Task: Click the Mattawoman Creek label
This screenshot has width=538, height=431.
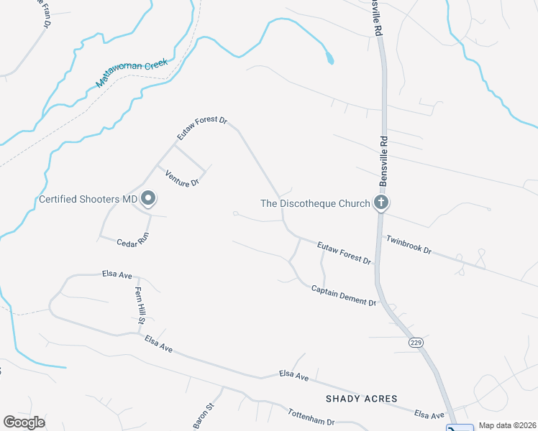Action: click(132, 74)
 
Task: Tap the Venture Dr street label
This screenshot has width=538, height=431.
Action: click(181, 179)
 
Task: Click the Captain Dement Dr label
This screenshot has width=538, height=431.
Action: click(344, 295)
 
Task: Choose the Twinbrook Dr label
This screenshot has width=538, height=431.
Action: click(408, 245)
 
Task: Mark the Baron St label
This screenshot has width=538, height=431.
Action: click(204, 416)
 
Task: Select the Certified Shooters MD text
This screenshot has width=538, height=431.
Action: click(88, 199)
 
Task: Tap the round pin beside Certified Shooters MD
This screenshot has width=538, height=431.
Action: click(149, 198)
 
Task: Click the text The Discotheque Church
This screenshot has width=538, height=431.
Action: click(315, 203)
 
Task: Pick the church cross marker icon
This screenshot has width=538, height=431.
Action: click(381, 203)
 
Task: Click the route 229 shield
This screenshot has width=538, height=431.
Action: click(416, 343)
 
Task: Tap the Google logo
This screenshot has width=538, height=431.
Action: click(24, 422)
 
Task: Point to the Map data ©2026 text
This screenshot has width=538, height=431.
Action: click(507, 425)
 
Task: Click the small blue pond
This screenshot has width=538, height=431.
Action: click(329, 58)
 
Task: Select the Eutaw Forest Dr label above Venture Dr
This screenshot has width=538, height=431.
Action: click(202, 129)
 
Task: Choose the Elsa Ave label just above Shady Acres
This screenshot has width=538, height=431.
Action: click(293, 376)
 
